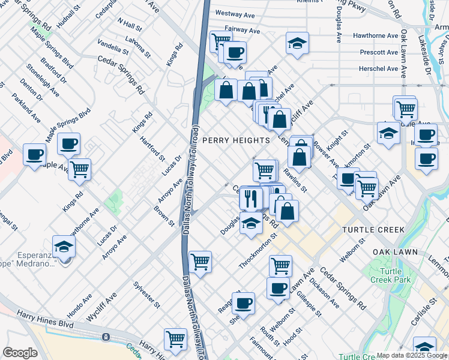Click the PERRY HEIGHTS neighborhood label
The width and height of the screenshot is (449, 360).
(x=236, y=140)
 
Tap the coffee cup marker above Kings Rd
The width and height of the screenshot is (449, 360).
(x=69, y=144)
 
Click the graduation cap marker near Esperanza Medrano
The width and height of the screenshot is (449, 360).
(x=64, y=247)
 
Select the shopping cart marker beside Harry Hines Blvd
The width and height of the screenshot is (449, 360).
(x=175, y=338)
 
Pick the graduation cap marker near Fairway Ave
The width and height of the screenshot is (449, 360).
(x=297, y=44)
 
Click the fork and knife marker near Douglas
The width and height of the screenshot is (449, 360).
(x=250, y=197)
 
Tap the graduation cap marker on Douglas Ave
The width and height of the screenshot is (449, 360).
(x=251, y=224)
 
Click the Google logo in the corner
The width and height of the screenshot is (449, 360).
(x=20, y=353)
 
